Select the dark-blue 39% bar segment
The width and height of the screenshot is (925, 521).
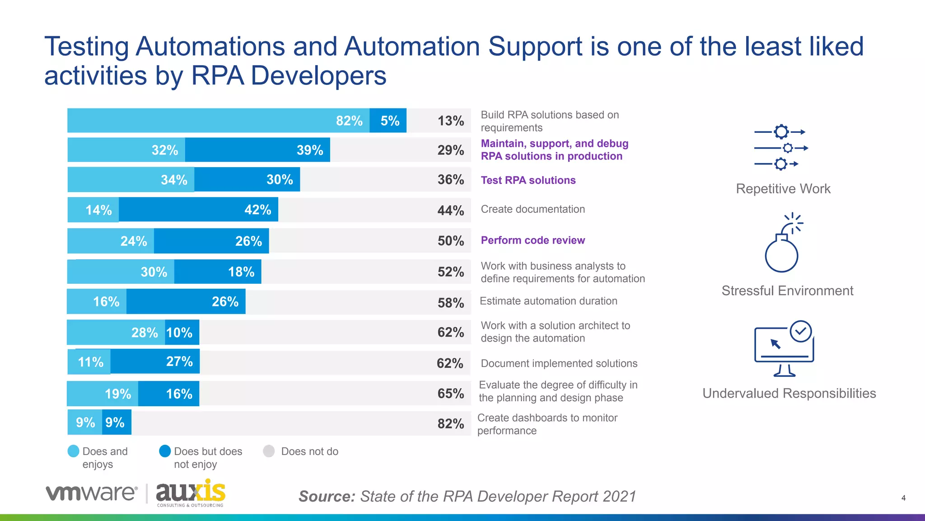click(x=257, y=150)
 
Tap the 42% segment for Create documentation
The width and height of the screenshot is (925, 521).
click(x=198, y=210)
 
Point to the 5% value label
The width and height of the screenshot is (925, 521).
click(x=389, y=121)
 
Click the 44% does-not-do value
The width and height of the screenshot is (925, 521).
click(x=450, y=210)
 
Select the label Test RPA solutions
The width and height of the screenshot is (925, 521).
click(x=528, y=180)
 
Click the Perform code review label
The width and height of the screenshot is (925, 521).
click(x=533, y=240)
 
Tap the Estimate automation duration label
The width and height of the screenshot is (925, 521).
click(x=548, y=301)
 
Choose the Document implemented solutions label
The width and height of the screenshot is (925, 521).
click(x=559, y=363)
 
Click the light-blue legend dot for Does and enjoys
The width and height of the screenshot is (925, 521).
click(x=73, y=451)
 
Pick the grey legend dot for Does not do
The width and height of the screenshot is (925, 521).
click(x=269, y=451)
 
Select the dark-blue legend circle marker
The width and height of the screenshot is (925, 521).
click(x=165, y=451)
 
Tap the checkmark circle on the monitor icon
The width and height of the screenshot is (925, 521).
click(x=801, y=332)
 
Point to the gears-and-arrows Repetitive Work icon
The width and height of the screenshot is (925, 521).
click(x=781, y=148)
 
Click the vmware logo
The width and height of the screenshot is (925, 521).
click(x=91, y=493)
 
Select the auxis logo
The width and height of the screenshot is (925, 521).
click(x=190, y=493)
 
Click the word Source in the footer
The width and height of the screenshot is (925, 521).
click(x=327, y=497)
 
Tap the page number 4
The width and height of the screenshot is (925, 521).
click(x=903, y=498)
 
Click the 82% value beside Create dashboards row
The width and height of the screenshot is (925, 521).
click(x=450, y=423)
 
